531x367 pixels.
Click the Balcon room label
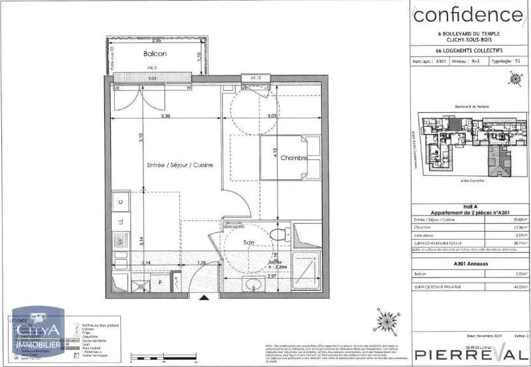click(154, 54)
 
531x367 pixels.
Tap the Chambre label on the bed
click(293, 159)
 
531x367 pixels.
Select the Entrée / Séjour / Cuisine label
click(180, 165)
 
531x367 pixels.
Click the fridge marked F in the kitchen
click(159, 283)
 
